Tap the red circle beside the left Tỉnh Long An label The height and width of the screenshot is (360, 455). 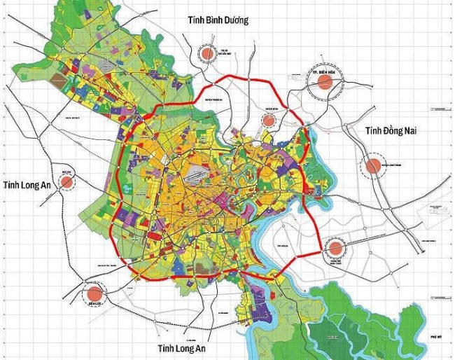coord(67,182)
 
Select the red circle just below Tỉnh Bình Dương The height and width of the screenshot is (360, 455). coord(207,53)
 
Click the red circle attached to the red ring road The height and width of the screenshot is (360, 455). coord(335,247)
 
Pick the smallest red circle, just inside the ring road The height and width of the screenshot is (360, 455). coord(268,120)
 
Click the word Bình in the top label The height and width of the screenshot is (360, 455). coord(209,20)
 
